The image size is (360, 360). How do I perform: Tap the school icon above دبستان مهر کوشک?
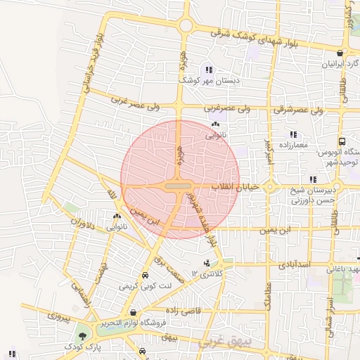(x=208, y=69)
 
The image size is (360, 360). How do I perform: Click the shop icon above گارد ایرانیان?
(x=340, y=52)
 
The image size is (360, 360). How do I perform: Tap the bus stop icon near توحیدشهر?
(x=342, y=141)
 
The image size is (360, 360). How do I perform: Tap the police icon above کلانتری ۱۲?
(x=206, y=264)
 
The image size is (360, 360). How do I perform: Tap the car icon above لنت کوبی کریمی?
(x=145, y=275)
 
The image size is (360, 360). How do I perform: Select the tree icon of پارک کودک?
(x=84, y=336)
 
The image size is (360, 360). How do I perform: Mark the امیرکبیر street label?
(x=267, y=151)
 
